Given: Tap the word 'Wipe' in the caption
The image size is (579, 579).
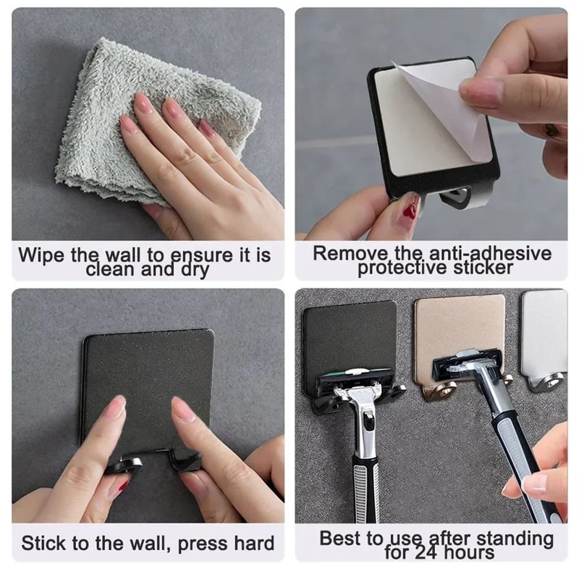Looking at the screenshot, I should coord(42,255).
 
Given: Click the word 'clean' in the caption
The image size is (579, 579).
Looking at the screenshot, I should coord(110,270).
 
